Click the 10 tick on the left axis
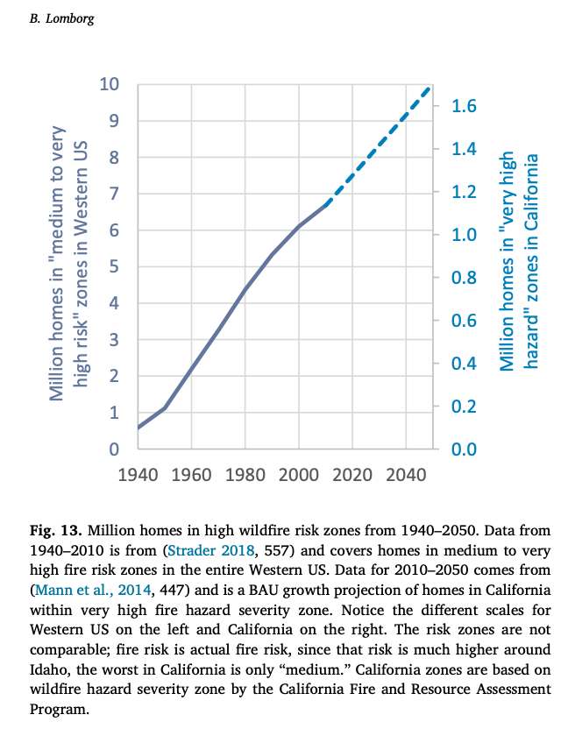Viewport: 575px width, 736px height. coord(109,85)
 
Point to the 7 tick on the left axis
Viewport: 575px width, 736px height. coord(114,195)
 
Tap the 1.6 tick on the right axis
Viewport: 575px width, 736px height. coord(465,107)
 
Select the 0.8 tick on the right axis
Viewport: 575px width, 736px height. coord(465,279)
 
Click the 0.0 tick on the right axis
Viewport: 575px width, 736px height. coord(465,450)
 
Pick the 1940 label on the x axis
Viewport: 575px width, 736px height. coord(138,475)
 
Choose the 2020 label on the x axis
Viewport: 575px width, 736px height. coord(352,475)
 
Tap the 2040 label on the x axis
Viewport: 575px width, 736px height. coord(406,475)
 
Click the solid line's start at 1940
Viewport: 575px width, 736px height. coord(138,428)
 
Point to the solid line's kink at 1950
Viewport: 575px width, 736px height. coord(165,408)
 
